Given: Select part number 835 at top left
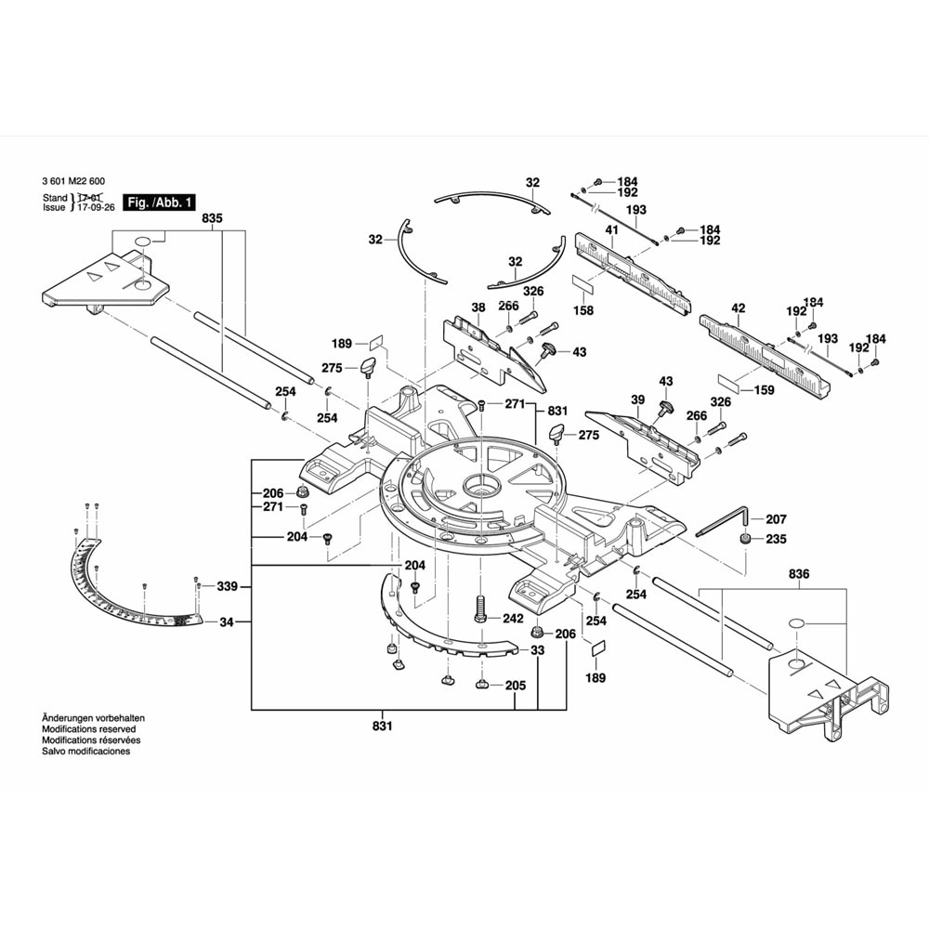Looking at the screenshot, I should pos(213,218).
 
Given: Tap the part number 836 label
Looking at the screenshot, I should pos(799,575).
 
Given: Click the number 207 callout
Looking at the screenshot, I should pos(776,519).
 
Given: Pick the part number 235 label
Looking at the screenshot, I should pos(776,539).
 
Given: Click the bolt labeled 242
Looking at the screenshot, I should pos(479,609).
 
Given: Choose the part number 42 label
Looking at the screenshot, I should pos(739,307).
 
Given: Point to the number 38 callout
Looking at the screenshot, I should pos(478,307).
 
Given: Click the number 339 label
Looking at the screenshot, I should pos(227,586).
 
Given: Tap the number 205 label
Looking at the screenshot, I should pos(516,686).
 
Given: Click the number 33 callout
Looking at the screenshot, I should pos(537,650).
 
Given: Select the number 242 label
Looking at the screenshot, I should pos(513,617).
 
